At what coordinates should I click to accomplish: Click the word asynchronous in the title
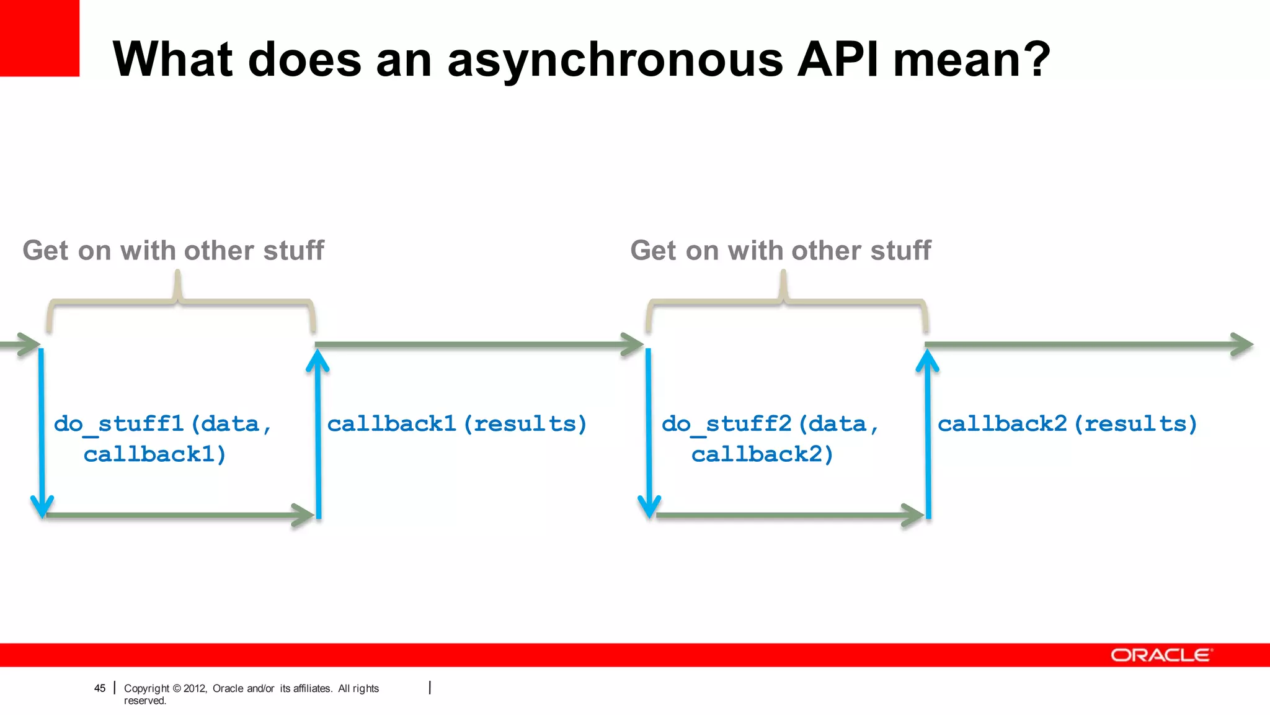pos(616,61)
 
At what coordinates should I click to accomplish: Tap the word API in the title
pos(838,60)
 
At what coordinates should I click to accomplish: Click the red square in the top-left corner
pos(39,38)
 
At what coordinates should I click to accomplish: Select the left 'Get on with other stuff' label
pos(173,251)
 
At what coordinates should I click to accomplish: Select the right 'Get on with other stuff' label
pos(780,251)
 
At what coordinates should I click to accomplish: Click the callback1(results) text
pos(456,424)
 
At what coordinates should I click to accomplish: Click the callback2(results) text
pos(1067,424)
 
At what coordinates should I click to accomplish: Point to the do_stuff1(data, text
pos(162,424)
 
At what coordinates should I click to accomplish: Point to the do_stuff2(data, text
pos(770,424)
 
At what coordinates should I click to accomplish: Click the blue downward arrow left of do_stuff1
pos(42,434)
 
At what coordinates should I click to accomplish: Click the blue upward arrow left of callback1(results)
pos(318,434)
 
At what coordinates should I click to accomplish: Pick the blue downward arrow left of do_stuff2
pos(649,434)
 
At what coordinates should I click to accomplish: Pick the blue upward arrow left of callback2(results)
pos(928,434)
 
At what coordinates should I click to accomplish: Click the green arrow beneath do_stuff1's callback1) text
pos(180,515)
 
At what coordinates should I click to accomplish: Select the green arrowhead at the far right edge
pos(1242,344)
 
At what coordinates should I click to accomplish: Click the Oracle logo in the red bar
pos(1160,655)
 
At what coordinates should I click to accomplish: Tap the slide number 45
pos(100,688)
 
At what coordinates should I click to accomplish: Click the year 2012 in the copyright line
pos(194,688)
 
